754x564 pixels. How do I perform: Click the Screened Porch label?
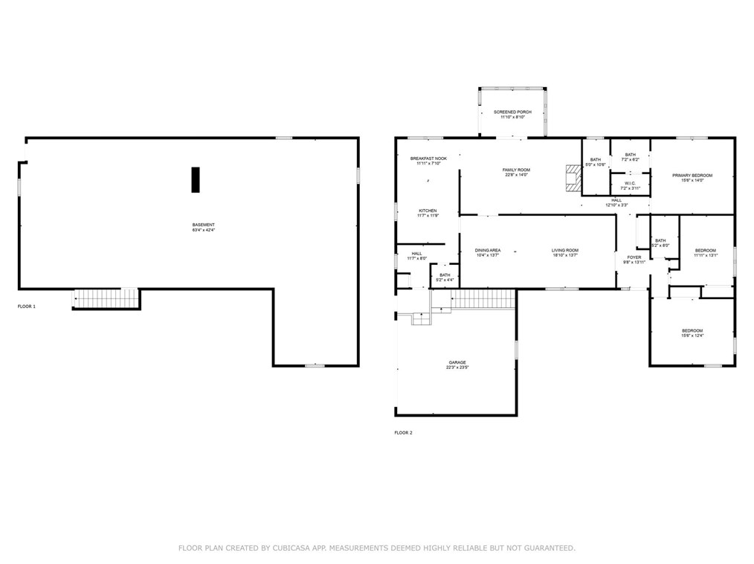click(512, 114)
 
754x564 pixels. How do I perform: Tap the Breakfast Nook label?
click(428, 161)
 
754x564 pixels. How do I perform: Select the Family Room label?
click(516, 172)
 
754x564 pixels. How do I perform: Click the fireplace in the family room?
click(572, 179)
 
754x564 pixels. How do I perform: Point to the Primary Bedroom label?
click(692, 178)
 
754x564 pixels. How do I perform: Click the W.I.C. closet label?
click(629, 185)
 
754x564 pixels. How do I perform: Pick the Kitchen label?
click(428, 213)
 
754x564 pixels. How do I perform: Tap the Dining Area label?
click(488, 252)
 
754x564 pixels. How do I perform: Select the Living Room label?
click(565, 252)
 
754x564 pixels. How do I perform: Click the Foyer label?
click(634, 259)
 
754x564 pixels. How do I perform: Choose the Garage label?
click(457, 365)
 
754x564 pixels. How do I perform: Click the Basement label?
click(203, 227)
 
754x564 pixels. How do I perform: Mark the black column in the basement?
click(196, 179)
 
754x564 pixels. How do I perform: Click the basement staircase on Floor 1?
click(106, 299)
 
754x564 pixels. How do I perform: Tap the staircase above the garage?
click(483, 299)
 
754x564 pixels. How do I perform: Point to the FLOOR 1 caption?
click(27, 306)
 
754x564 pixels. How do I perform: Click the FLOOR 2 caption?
click(403, 432)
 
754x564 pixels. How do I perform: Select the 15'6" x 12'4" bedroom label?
click(692, 333)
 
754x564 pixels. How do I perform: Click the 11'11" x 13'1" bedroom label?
click(705, 252)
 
